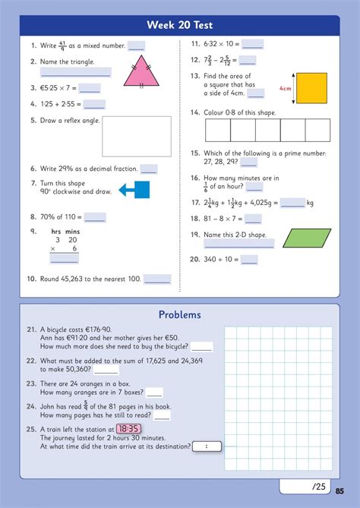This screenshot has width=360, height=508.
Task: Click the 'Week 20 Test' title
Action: pyautogui.click(x=180, y=25)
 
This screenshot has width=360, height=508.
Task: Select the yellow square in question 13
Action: pyautogui.click(x=311, y=87)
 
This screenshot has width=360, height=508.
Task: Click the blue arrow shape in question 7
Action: pyautogui.click(x=135, y=189)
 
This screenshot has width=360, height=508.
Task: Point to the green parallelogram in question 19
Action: pyautogui.click(x=306, y=238)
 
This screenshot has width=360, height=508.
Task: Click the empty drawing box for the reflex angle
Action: pyautogui.click(x=137, y=136)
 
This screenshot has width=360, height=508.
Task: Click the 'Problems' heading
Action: pyautogui.click(x=180, y=314)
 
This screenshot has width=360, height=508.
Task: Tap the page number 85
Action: pyautogui.click(x=339, y=490)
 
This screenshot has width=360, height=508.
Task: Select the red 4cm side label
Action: pyautogui.click(x=286, y=88)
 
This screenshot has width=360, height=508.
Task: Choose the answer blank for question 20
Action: pyautogui.click(x=249, y=260)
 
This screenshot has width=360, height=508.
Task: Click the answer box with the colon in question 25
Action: pyautogui.click(x=206, y=446)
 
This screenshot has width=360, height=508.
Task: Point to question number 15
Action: pyautogui.click(x=195, y=153)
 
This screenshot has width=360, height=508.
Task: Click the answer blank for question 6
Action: pyautogui.click(x=149, y=169)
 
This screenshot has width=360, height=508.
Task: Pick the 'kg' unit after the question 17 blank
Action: pyautogui.click(x=310, y=203)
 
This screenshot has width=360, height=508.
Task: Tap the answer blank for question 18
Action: pyautogui.click(x=253, y=219)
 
